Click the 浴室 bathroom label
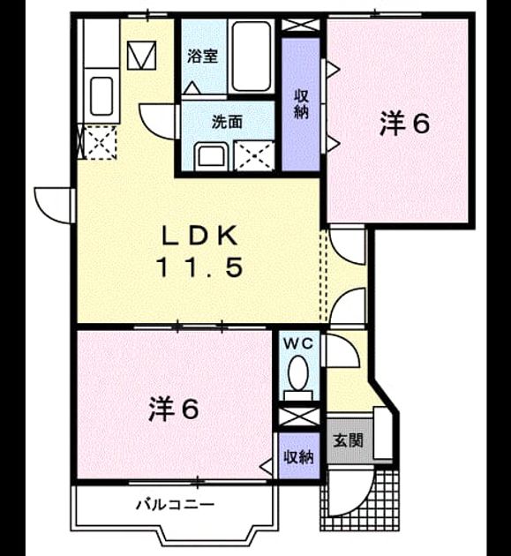202,56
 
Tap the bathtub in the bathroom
252,56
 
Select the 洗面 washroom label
228,122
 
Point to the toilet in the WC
298,379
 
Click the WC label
299,343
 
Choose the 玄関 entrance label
349,440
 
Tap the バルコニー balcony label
176,504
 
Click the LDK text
199,236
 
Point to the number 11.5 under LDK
199,267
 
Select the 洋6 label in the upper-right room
404,123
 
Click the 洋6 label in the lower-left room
173,409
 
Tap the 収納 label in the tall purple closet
301,104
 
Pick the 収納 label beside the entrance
299,457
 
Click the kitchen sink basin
101,95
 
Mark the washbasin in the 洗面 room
211,156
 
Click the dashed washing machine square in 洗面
254,155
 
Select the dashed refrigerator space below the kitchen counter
101,142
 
